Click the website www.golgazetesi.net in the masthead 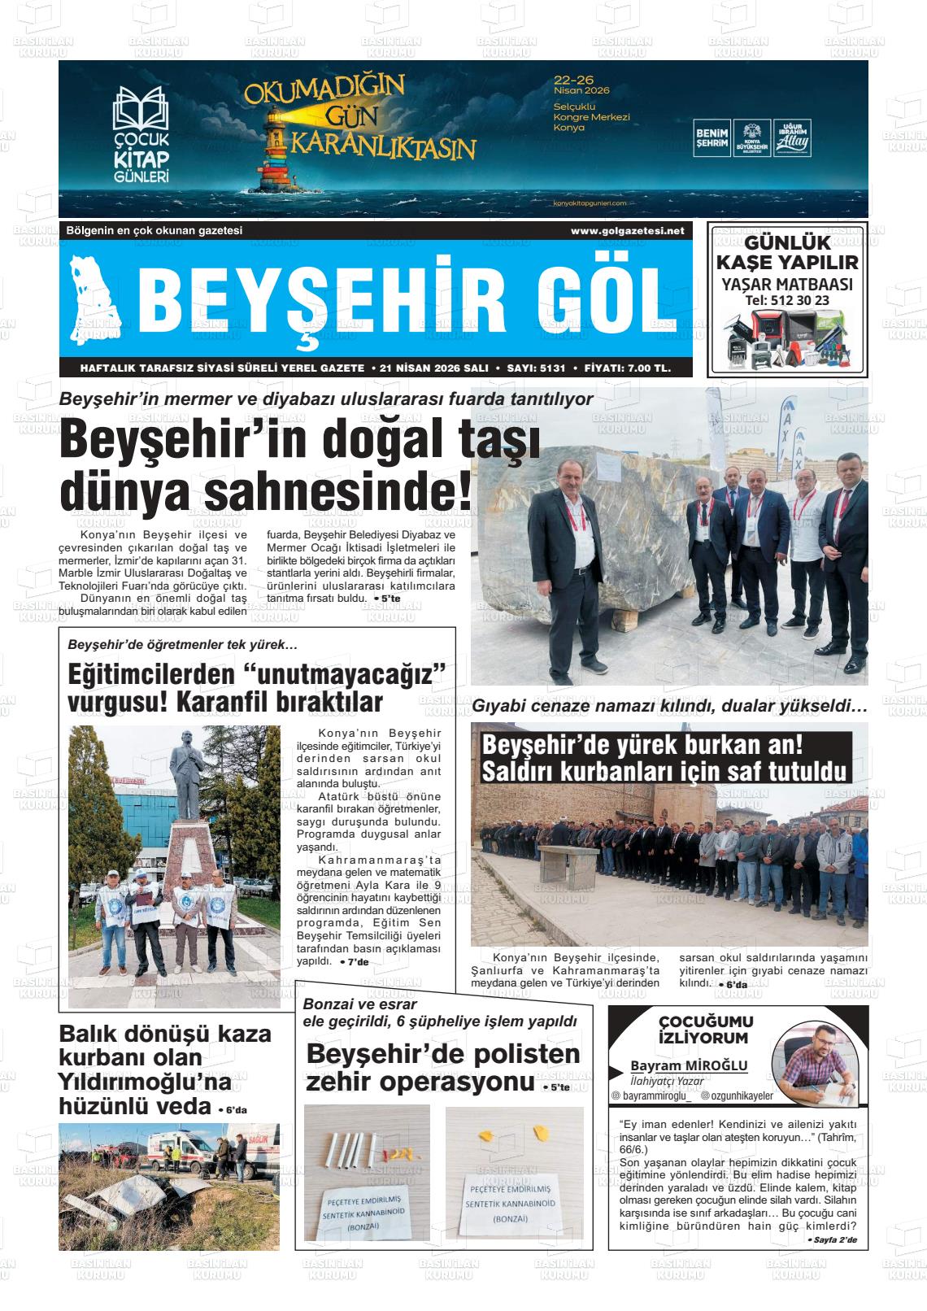(627, 231)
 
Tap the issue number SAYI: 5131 (535, 368)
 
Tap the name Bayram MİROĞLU (689, 1065)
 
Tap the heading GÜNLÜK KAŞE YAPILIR (786, 252)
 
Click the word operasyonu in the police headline (457, 1083)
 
